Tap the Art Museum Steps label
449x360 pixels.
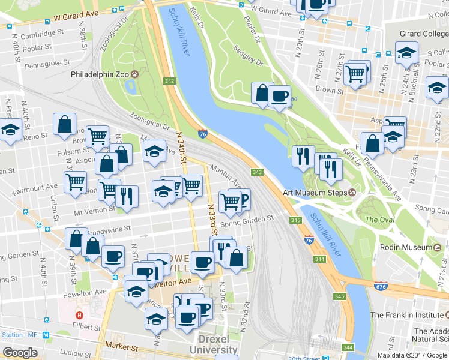(x=315, y=193)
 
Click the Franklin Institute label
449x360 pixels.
(x=405, y=314)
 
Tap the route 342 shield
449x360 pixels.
(x=169, y=81)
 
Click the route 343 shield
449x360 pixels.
(x=257, y=172)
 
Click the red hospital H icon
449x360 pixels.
(x=79, y=315)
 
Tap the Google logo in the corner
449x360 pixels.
(x=20, y=353)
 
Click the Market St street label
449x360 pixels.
(x=121, y=347)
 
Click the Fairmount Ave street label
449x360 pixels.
(x=35, y=188)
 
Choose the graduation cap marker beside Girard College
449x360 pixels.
(x=406, y=53)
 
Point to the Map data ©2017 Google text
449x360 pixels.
(x=412, y=355)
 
